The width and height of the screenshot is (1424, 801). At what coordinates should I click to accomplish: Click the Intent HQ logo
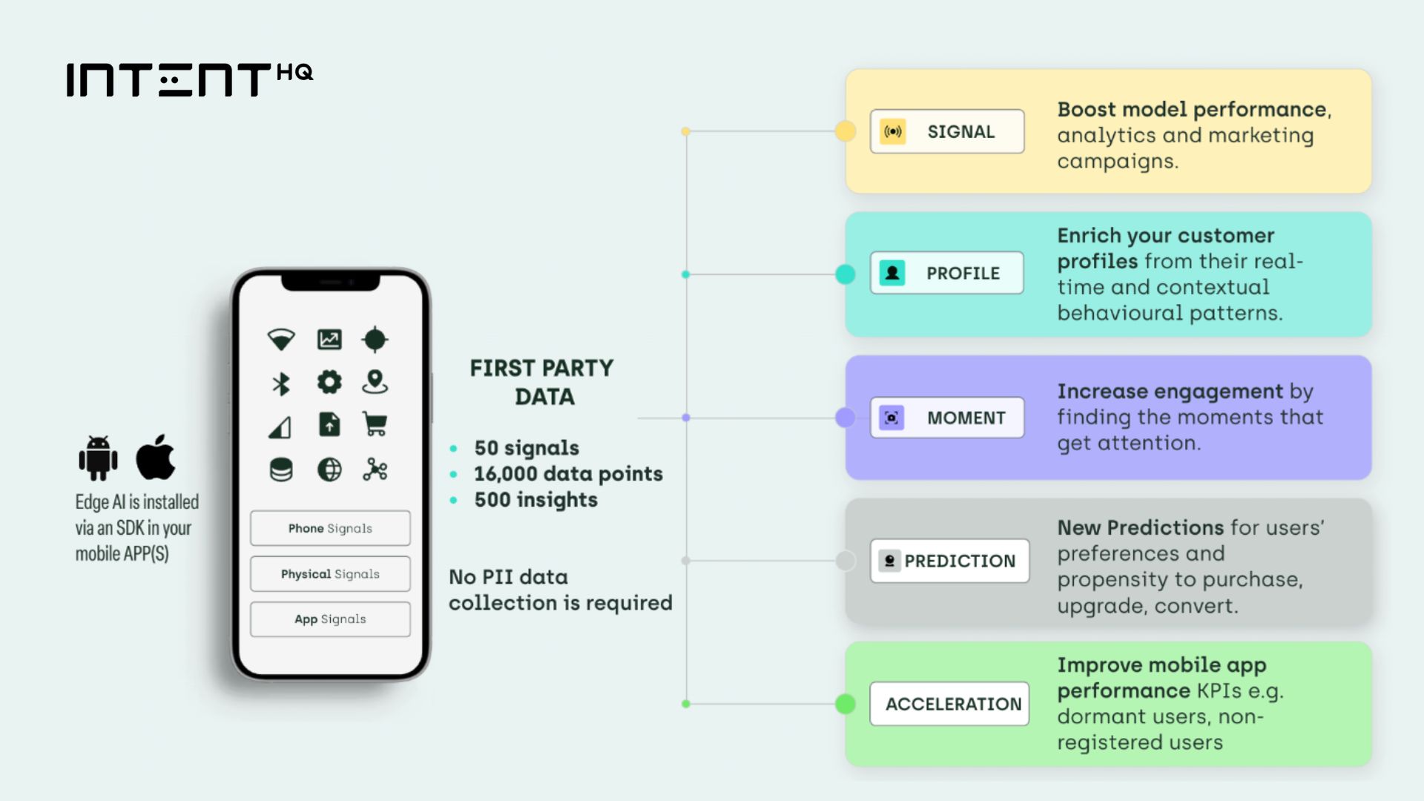click(x=189, y=79)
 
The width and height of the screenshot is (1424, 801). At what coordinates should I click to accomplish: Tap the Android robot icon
click(x=98, y=458)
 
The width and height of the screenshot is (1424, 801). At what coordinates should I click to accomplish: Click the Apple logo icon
click(x=156, y=457)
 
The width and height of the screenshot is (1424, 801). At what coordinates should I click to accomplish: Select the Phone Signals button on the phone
click(x=330, y=528)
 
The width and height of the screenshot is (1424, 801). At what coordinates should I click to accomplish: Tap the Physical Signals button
click(x=330, y=574)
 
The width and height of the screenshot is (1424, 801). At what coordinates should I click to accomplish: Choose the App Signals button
click(x=330, y=619)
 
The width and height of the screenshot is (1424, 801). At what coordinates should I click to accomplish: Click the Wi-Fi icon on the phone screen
click(x=281, y=340)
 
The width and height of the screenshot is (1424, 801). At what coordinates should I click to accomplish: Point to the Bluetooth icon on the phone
click(x=281, y=383)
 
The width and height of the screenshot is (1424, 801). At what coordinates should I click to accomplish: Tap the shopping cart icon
click(x=375, y=424)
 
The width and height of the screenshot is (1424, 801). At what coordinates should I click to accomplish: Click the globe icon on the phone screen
click(x=329, y=469)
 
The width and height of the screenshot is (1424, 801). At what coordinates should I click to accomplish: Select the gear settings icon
click(x=329, y=382)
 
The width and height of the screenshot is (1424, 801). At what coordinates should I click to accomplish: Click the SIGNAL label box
click(x=947, y=132)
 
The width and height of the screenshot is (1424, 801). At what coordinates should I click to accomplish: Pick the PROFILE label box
click(x=947, y=273)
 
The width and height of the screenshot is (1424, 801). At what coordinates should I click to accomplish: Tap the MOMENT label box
click(x=947, y=418)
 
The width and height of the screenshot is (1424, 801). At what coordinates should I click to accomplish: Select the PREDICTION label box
click(x=949, y=561)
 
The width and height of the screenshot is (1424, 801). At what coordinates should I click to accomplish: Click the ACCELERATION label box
click(x=949, y=704)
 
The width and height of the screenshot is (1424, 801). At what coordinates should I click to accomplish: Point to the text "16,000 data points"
click(x=568, y=474)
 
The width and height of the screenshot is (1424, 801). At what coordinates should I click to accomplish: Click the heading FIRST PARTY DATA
click(x=542, y=382)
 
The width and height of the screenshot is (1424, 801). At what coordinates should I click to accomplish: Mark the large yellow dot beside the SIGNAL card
click(x=845, y=131)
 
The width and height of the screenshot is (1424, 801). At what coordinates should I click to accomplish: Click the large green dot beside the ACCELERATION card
click(x=845, y=704)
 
